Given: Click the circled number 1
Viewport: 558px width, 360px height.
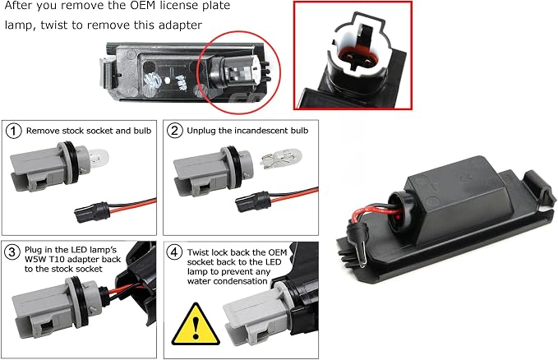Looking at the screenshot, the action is pyautogui.click(x=13, y=131).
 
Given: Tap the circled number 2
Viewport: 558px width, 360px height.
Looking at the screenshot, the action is pyautogui.click(x=174, y=131).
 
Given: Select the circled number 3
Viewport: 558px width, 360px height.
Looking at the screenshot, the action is pyautogui.click(x=12, y=252).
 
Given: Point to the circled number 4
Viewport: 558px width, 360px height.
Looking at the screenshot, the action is pyautogui.click(x=174, y=252).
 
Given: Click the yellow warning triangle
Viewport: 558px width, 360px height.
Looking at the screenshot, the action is pyautogui.click(x=196, y=325).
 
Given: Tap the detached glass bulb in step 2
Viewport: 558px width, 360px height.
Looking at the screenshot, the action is pyautogui.click(x=281, y=159).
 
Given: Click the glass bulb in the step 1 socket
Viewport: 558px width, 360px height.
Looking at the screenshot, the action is pyautogui.click(x=98, y=158).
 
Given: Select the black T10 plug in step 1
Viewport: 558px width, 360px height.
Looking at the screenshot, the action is pyautogui.click(x=91, y=212).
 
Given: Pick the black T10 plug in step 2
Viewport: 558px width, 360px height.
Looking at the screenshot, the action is pyautogui.click(x=252, y=202).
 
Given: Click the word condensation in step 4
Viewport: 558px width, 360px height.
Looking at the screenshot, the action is pyautogui.click(x=228, y=281).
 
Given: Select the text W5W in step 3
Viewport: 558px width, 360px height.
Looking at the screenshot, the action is pyautogui.click(x=33, y=259).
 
